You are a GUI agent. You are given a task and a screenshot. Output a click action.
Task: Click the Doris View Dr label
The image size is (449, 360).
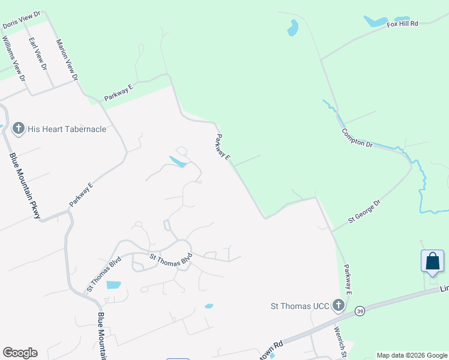21,19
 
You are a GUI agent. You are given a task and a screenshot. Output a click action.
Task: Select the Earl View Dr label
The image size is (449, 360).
38,55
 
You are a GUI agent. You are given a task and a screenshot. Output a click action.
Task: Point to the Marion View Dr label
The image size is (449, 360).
67,60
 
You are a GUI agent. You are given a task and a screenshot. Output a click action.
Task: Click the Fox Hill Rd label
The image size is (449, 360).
402,24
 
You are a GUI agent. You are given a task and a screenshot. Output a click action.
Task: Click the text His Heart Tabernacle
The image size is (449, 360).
67,129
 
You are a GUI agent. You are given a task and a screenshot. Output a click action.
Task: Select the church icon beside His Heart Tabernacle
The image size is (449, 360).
18,128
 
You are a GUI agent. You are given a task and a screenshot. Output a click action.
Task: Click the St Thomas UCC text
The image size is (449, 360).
298,306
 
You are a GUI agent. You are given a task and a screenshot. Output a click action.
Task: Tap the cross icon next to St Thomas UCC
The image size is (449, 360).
339,306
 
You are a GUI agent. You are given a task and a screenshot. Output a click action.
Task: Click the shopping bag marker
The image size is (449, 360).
432,263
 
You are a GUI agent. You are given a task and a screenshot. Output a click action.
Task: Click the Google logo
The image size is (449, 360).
20,353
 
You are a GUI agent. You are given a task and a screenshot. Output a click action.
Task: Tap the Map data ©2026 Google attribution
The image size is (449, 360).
412,355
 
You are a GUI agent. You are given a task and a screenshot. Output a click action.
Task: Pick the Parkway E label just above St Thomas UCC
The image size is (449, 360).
347,280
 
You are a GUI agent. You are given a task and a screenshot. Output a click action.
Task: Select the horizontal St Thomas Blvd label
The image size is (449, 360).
170,259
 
